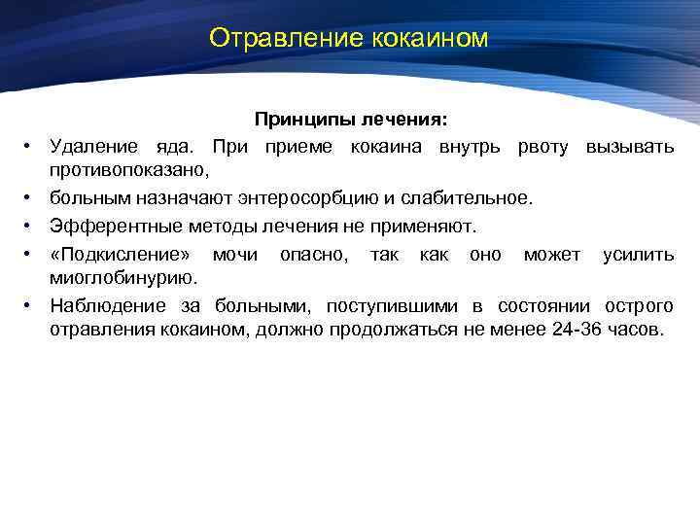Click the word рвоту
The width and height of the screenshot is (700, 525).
tap(544, 146)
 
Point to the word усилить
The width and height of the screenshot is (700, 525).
tap(638, 254)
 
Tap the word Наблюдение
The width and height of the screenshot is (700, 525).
tap(105, 306)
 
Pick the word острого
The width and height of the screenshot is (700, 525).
tap(638, 306)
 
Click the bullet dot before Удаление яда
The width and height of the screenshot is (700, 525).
tap(30, 147)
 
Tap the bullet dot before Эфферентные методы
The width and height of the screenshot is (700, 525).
tap(30, 227)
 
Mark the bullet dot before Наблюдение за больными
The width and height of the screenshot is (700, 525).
tap(30, 307)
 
